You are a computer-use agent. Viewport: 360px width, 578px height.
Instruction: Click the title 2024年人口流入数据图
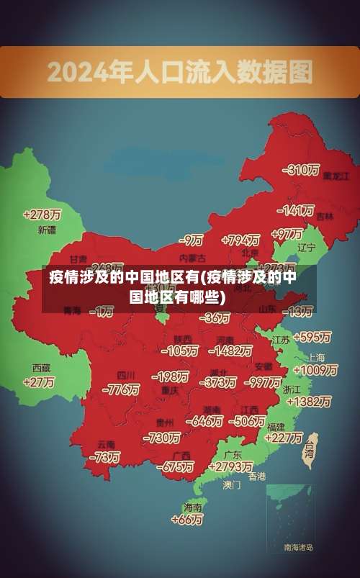coord(180,72)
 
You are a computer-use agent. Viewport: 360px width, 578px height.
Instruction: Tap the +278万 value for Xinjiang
coord(42,215)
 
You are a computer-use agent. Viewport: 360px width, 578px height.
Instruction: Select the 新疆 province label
coord(47,230)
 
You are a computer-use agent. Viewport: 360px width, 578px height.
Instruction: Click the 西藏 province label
coord(41,367)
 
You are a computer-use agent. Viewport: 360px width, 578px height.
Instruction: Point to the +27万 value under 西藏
coord(39,382)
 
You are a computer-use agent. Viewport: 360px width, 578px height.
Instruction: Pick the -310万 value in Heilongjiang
coord(301,170)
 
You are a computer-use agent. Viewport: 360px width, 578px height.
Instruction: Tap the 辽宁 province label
coord(307,247)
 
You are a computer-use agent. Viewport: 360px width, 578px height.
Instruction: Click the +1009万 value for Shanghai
coord(316,370)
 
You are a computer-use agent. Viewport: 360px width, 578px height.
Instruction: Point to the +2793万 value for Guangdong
coord(230,466)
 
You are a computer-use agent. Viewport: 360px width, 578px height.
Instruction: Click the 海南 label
coord(193,507)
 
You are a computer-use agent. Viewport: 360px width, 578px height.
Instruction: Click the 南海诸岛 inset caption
coord(298,548)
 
